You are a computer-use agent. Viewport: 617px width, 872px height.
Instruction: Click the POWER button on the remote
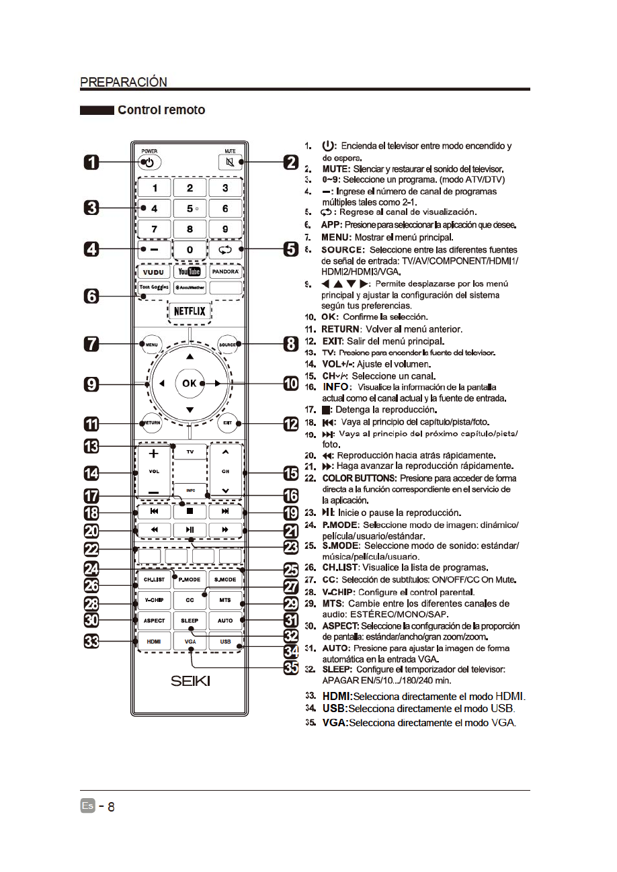[149, 163]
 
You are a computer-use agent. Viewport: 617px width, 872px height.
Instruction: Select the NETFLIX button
[190, 312]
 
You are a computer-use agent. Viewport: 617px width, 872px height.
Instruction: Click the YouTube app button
[190, 272]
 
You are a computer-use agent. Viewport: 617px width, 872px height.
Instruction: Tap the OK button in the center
[190, 383]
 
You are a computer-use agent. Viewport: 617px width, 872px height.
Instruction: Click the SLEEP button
[190, 621]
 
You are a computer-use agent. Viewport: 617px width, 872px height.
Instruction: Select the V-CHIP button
[154, 599]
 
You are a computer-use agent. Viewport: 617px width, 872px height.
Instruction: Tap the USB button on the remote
[225, 642]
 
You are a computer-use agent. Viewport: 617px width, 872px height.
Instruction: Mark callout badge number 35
[290, 669]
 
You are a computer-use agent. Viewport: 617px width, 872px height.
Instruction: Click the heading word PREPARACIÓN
[124, 82]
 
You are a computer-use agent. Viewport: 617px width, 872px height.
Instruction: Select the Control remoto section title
[161, 110]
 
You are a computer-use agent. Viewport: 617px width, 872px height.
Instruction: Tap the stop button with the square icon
[190, 511]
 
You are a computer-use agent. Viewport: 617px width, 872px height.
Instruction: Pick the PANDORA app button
[225, 272]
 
